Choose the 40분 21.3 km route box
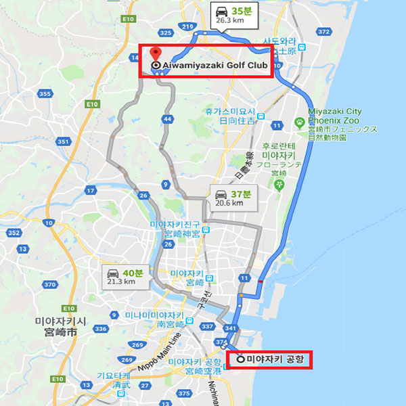(x=127, y=277)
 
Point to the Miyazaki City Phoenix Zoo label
(x=336, y=116)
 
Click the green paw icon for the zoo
(x=298, y=121)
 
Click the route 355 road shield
(x=45, y=93)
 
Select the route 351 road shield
(x=64, y=141)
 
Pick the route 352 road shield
(x=14, y=233)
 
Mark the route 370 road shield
(x=49, y=285)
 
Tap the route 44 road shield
(x=166, y=118)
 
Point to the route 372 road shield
(x=324, y=31)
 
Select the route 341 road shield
(x=231, y=330)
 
